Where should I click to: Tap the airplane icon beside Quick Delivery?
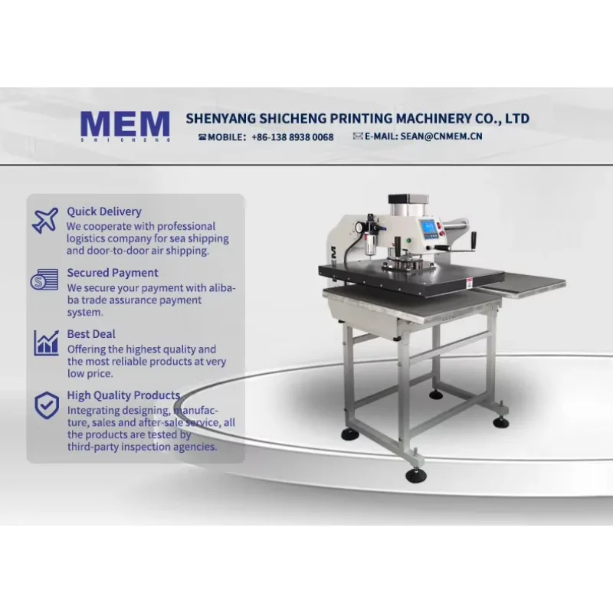click(x=45, y=221)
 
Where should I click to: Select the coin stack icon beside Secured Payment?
click(x=44, y=280)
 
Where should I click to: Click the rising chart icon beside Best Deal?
click(x=46, y=343)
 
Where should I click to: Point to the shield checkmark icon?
click(x=47, y=405)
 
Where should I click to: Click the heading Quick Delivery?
click(x=104, y=211)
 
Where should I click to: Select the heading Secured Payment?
click(x=113, y=273)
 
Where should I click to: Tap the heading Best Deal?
click(x=91, y=334)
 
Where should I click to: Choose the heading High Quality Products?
click(x=123, y=395)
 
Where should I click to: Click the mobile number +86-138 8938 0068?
click(x=293, y=137)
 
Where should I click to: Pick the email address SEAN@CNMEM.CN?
click(x=441, y=136)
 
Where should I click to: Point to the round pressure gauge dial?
click(x=358, y=227)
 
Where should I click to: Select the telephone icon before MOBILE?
click(x=202, y=137)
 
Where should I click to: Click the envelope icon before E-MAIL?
click(x=358, y=136)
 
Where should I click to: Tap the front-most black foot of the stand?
click(x=415, y=474)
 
